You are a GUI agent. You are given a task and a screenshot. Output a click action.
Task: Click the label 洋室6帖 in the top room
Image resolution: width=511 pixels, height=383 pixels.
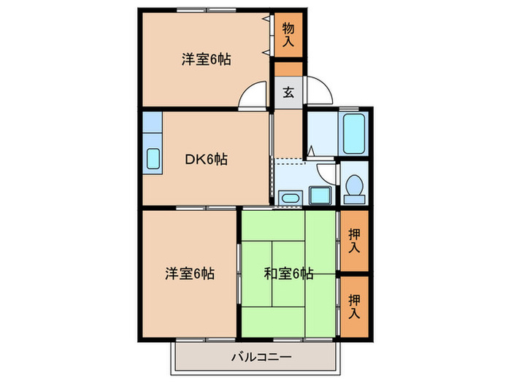click(207, 60)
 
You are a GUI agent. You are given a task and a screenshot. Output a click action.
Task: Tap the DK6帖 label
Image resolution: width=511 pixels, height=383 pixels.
click(205, 159)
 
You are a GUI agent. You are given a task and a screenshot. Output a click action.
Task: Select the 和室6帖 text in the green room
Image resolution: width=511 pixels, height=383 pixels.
click(289, 274)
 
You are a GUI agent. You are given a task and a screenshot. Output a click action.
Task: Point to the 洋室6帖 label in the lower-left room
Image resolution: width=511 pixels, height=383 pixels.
click(189, 274)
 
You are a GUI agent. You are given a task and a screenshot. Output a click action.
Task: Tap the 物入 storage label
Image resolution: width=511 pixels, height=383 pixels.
click(288, 35)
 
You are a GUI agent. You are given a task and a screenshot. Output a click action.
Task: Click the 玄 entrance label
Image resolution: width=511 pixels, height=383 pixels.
click(288, 93)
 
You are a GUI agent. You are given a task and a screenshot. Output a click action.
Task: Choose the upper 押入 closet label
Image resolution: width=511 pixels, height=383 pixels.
click(354, 240)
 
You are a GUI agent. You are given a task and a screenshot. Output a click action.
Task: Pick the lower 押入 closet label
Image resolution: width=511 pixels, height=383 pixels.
click(354, 306)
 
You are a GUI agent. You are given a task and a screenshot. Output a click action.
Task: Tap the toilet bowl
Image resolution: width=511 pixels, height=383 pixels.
click(355, 185)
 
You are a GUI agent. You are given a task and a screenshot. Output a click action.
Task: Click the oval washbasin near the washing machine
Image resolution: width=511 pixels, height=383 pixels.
click(290, 197)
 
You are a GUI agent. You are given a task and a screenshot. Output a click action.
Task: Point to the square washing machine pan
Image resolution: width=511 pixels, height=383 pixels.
click(319, 195)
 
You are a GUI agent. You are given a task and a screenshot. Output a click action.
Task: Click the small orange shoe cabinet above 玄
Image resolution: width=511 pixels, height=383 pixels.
click(288, 69)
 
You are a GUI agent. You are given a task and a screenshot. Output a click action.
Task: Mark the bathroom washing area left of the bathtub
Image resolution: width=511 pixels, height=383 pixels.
click(321, 133)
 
